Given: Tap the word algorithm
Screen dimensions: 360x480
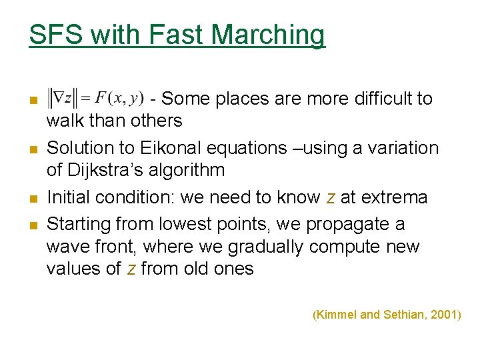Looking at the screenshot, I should (190, 170).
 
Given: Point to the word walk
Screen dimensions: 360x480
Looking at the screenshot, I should (64, 121).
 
